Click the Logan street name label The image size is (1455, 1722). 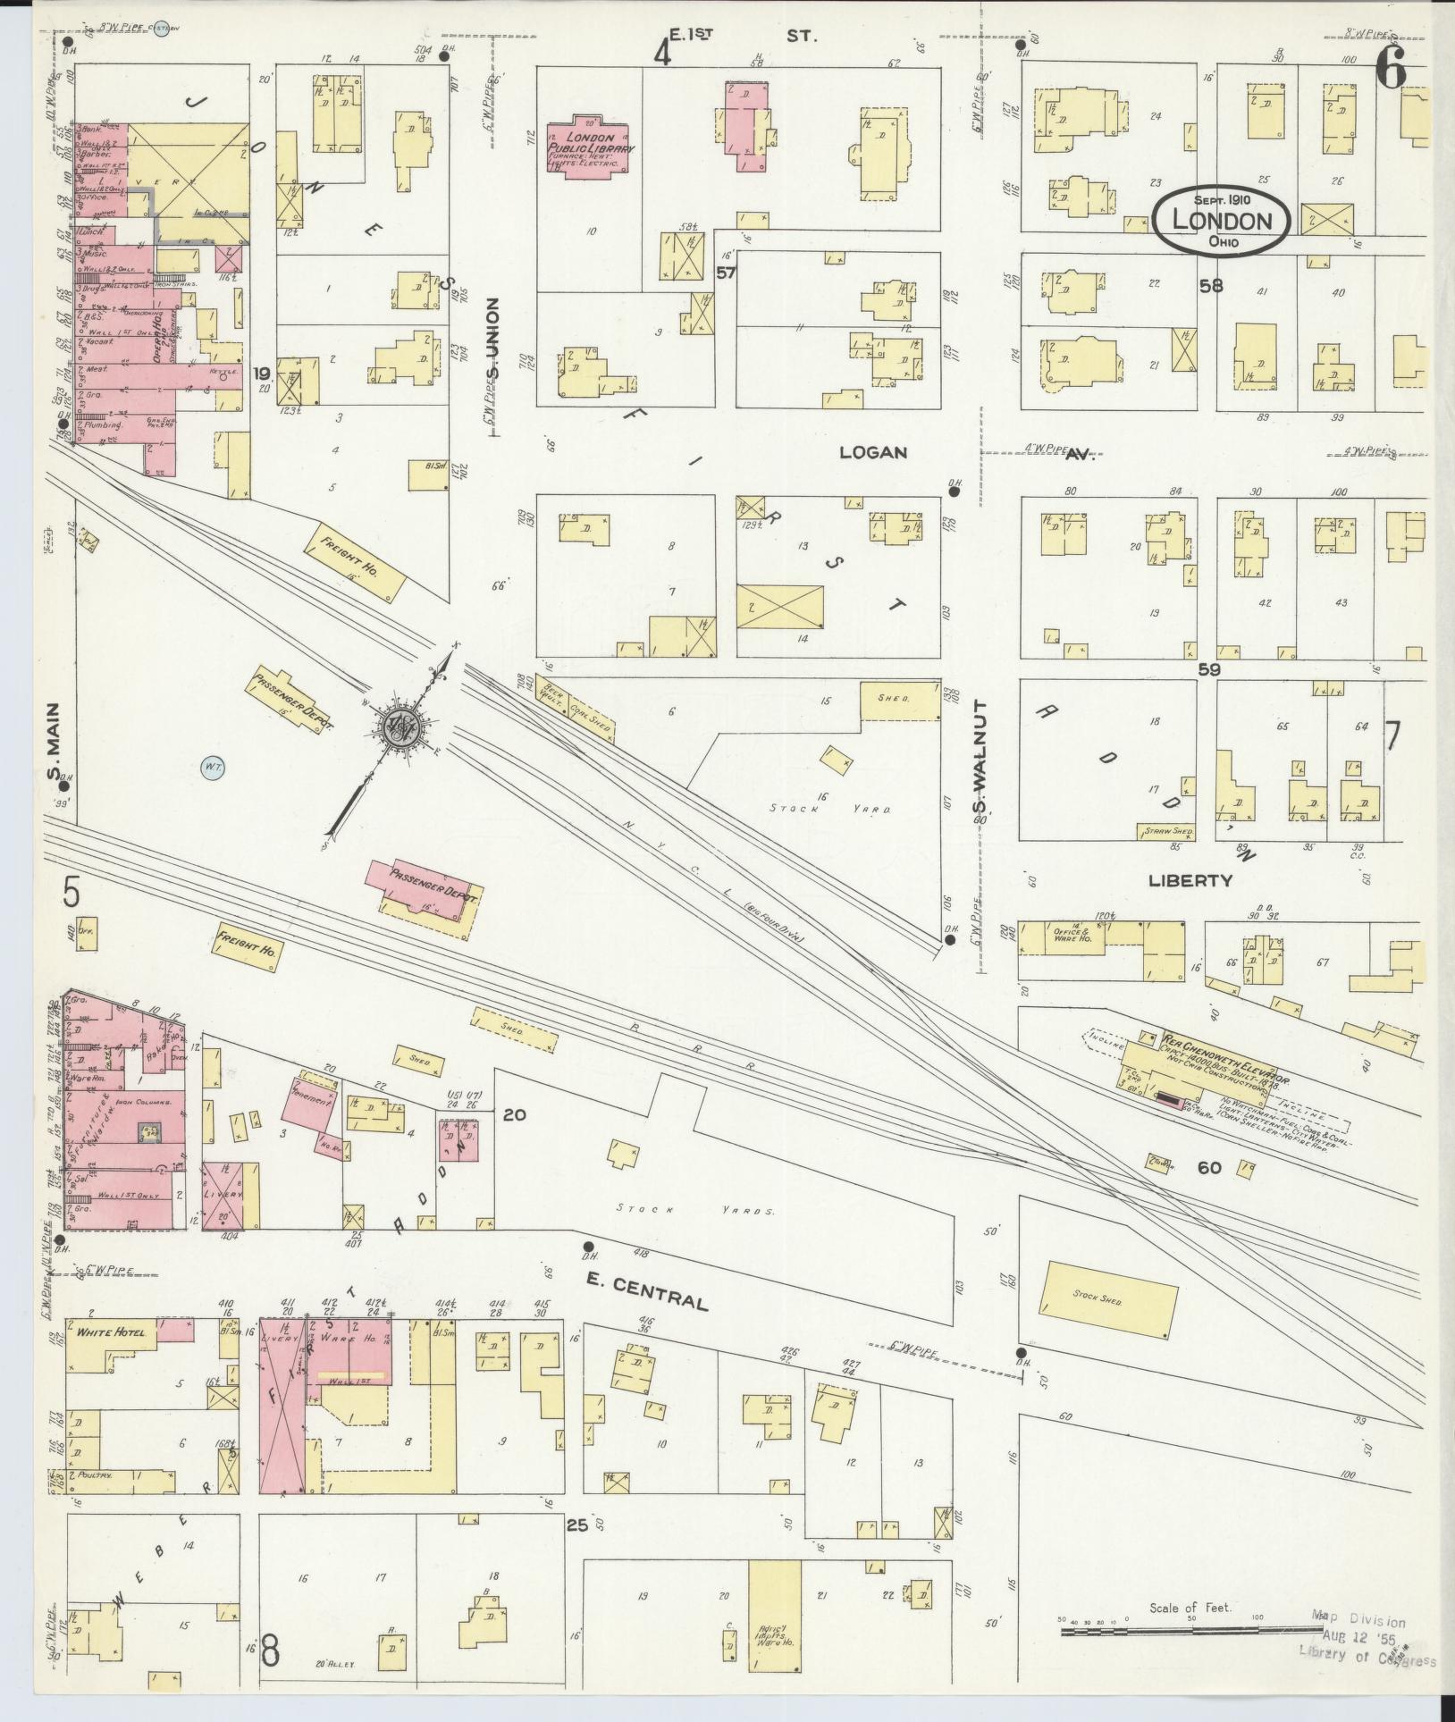(x=872, y=453)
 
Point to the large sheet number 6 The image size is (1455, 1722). (x=1393, y=69)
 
